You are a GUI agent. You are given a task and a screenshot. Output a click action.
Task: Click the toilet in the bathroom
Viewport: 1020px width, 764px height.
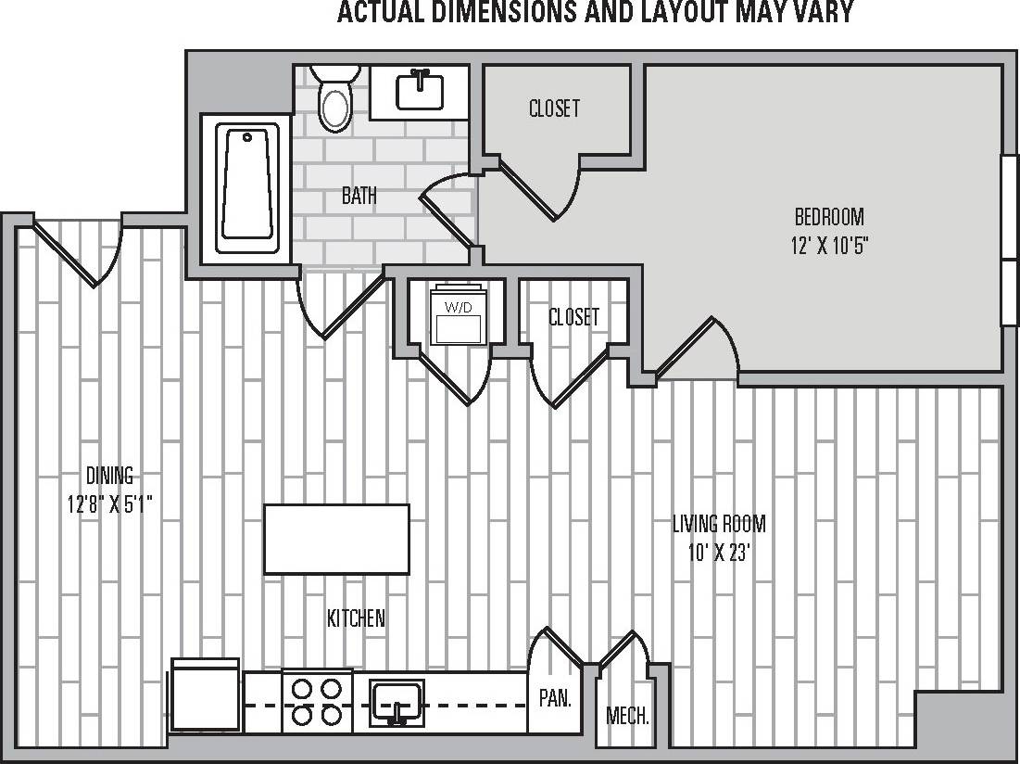(334, 101)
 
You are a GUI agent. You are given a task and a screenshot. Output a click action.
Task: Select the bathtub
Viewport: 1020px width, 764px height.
(247, 189)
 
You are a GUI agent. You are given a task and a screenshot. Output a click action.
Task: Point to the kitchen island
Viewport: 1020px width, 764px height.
(336, 539)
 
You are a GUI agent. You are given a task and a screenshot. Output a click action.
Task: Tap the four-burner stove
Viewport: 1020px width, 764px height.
(317, 702)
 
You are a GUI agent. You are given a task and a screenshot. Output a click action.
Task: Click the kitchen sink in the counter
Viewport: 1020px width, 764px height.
(397, 702)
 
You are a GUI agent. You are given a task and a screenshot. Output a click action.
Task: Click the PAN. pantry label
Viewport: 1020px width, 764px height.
(554, 698)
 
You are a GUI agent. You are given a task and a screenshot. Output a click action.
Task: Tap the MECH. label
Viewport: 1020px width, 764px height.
(627, 716)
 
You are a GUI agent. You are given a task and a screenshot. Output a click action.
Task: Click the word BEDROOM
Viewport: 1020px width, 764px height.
(829, 217)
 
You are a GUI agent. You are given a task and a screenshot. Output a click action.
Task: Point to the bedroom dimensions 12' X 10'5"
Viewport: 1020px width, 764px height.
(829, 246)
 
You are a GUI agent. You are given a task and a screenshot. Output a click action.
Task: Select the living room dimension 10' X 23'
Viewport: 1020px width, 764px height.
(719, 553)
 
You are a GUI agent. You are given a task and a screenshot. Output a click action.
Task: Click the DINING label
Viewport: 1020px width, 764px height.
(110, 476)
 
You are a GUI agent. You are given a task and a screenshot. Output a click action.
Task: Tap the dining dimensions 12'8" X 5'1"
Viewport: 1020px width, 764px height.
(110, 504)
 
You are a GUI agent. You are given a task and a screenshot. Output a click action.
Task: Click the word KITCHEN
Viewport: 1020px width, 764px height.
(356, 618)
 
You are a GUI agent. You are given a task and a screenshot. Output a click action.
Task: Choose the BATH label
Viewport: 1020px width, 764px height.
(359, 196)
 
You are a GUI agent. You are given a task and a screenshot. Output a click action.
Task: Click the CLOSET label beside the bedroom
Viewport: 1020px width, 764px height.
(554, 108)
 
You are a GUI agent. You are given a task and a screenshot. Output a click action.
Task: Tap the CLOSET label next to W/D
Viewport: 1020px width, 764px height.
(573, 317)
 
